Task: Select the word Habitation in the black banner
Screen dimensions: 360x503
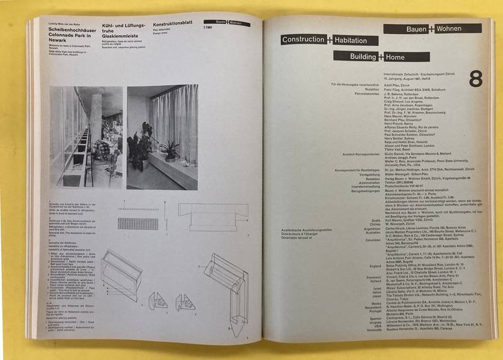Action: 353,40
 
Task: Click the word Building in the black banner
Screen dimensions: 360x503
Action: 357,57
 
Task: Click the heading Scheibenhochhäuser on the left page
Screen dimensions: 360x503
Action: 70,29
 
